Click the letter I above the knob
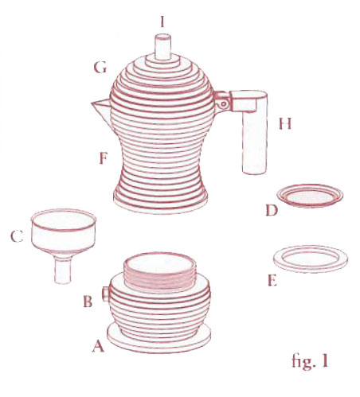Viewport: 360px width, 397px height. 162,21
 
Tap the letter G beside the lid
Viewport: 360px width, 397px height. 100,68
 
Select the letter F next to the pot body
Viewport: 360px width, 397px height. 103,158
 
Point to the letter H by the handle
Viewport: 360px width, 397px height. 285,123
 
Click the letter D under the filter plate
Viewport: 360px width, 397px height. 272,211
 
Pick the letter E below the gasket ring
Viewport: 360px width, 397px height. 272,280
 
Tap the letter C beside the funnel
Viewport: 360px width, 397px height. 17,236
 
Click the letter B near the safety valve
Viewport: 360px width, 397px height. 88,302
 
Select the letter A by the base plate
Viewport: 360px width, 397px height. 98,346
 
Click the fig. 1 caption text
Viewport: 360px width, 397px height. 310,361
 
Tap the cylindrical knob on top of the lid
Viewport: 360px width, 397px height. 162,47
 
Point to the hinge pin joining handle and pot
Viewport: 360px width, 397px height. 224,103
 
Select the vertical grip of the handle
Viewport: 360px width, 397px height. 254,141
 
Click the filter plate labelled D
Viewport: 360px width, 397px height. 310,196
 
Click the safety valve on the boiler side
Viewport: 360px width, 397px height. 106,294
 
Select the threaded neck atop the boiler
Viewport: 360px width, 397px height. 160,271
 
